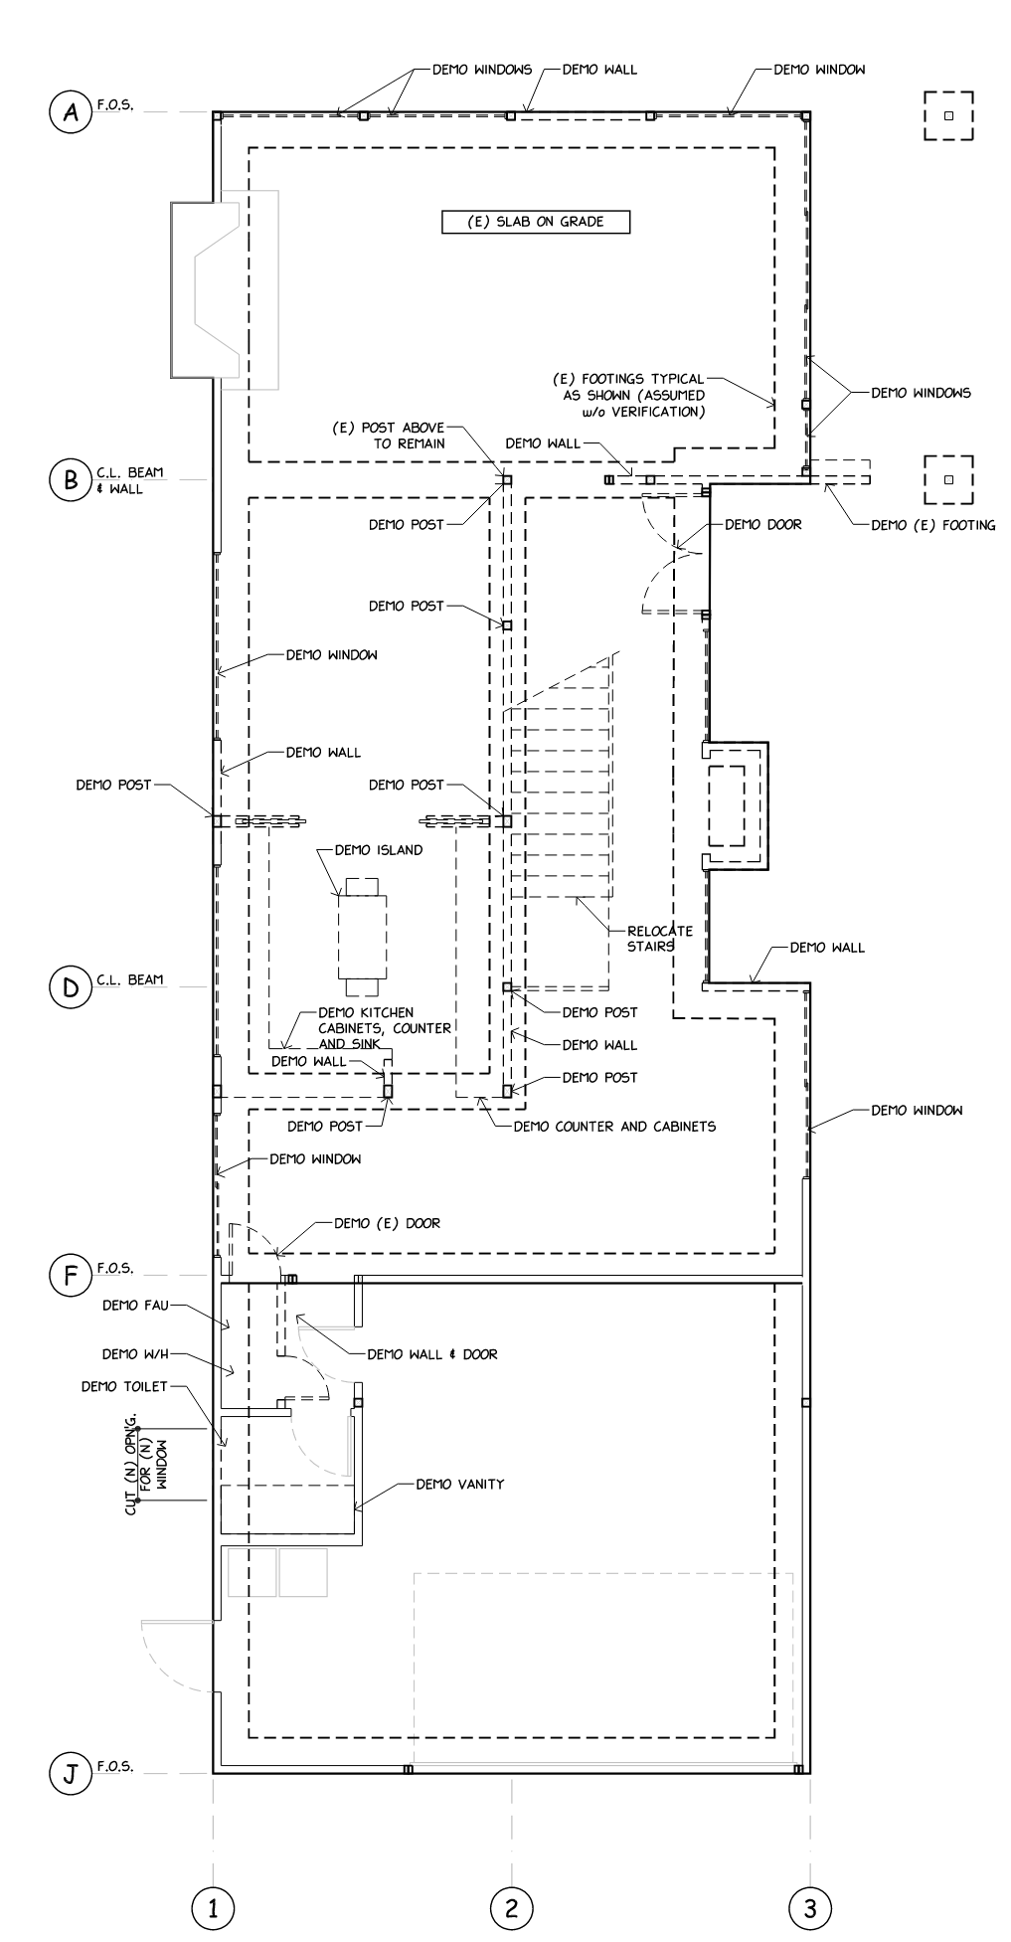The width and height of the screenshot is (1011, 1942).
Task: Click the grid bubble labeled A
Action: tap(71, 112)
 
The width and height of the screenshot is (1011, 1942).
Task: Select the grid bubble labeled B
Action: tap(71, 480)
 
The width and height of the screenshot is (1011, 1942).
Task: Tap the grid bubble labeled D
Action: tap(71, 986)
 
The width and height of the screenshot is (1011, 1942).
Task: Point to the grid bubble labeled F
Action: tap(71, 1275)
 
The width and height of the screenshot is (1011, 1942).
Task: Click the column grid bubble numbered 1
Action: tap(213, 1907)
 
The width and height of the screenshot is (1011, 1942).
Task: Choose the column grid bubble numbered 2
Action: tap(512, 1907)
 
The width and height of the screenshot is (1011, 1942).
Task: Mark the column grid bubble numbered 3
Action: tap(810, 1907)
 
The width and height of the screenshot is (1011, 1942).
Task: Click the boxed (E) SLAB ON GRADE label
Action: tap(536, 222)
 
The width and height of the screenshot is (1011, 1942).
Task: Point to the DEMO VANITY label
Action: tap(459, 1484)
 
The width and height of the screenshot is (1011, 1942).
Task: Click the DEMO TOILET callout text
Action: tap(124, 1387)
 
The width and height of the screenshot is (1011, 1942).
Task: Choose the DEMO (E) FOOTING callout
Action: tap(932, 525)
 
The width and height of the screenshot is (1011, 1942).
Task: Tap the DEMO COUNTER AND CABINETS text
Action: tap(614, 1127)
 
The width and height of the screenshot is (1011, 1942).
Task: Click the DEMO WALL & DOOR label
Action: tap(432, 1353)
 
